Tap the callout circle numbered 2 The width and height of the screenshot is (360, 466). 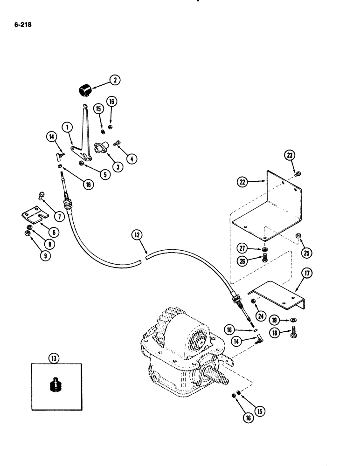pyautogui.click(x=114, y=80)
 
